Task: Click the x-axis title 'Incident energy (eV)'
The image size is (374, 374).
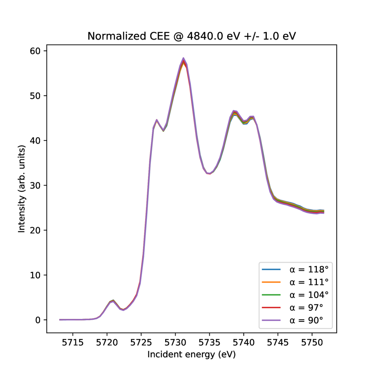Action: (x=191, y=354)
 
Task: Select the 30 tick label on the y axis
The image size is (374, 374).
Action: (x=38, y=186)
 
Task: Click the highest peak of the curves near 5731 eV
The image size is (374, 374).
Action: (x=183, y=59)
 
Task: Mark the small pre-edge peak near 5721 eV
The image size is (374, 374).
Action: (x=113, y=300)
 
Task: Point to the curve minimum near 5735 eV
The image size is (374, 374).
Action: (x=210, y=173)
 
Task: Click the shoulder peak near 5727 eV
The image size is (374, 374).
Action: (x=157, y=120)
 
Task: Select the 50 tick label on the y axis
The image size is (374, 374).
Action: (x=38, y=96)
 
